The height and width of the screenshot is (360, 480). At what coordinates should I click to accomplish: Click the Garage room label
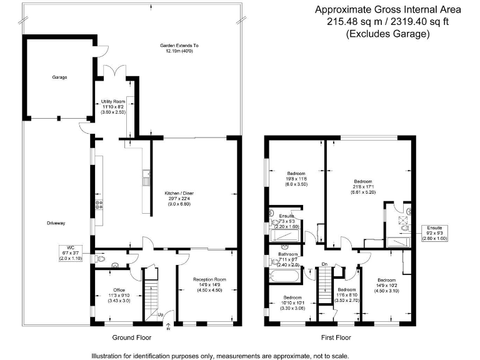tap(60, 77)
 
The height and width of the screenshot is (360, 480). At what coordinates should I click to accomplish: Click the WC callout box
tap(71, 252)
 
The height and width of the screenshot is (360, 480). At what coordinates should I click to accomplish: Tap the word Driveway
tap(56, 223)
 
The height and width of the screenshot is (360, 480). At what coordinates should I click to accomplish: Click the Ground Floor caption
tap(131, 337)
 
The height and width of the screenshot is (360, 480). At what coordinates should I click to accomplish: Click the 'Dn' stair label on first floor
tap(324, 265)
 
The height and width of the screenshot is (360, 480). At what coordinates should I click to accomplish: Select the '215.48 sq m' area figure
tap(354, 21)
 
